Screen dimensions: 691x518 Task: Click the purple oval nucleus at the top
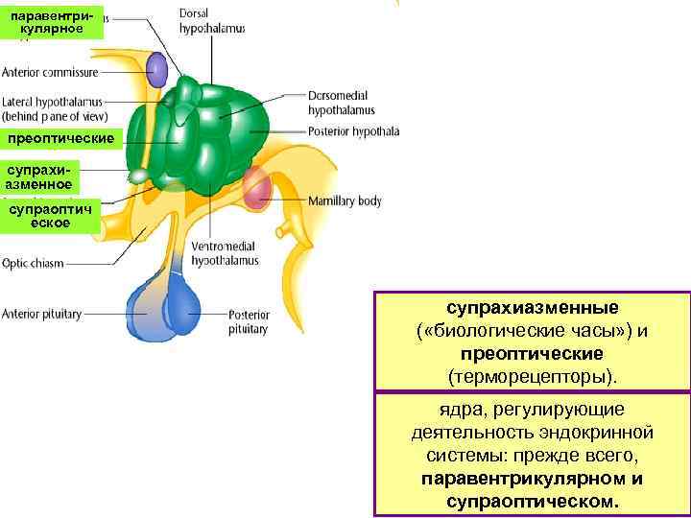coord(157,69)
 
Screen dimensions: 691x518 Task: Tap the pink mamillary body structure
coord(257,188)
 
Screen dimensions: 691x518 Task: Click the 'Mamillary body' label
coord(345,201)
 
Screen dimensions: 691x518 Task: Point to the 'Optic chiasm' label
coord(35,262)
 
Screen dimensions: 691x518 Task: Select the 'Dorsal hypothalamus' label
coord(212,21)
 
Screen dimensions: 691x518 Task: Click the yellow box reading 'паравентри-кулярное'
coord(52,21)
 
